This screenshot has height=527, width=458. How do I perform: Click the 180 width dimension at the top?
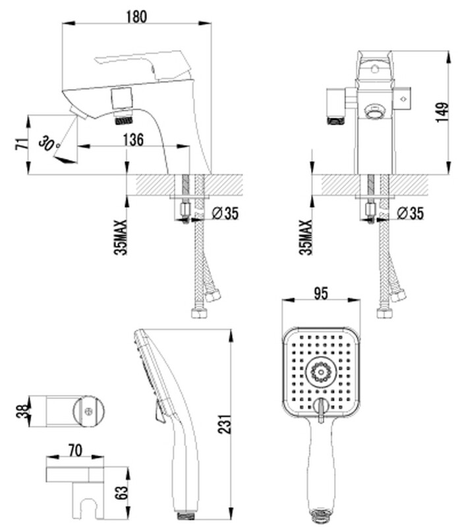pyautogui.click(x=136, y=16)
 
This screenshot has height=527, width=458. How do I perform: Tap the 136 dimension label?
pyautogui.click(x=133, y=139)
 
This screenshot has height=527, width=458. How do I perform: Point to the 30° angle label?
pyautogui.click(x=49, y=143)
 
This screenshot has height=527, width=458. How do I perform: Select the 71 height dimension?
pyautogui.click(x=22, y=144)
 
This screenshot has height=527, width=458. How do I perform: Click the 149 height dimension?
pyautogui.click(x=442, y=112)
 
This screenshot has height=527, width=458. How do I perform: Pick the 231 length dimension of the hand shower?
pyautogui.click(x=225, y=424)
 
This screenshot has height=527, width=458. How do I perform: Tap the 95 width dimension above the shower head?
pyautogui.click(x=321, y=293)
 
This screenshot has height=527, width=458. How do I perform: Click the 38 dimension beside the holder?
pyautogui.click(x=22, y=412)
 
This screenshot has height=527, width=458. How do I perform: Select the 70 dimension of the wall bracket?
pyautogui.click(x=75, y=450)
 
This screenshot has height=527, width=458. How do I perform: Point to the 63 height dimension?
pyautogui.click(x=121, y=493)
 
